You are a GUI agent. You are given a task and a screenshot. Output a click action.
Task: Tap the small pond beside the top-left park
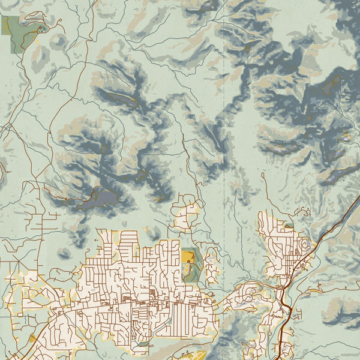(x=41, y=28)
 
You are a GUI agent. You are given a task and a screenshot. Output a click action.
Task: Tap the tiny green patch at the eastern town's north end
(x=289, y=226)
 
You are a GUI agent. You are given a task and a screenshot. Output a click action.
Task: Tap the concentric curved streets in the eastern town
(x=303, y=246)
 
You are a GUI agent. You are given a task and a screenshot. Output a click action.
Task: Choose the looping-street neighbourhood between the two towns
(x=249, y=294)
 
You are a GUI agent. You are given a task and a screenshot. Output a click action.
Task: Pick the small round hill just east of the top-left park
(x=57, y=41)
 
